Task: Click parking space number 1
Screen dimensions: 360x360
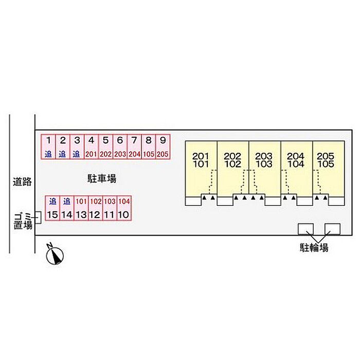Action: point(48,147)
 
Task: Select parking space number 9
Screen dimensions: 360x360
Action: point(163,147)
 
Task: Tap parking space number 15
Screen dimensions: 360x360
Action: point(52,208)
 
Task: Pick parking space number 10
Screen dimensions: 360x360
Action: point(124,208)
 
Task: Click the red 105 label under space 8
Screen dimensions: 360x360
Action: point(149,154)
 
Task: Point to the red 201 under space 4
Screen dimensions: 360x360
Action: point(91,154)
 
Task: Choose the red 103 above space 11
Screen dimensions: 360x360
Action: point(110,202)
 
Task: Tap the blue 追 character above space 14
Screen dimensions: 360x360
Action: point(67,202)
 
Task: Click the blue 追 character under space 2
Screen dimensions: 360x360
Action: point(62,154)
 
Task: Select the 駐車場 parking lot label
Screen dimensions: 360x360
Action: point(102,178)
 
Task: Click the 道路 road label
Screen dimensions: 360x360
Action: point(22,182)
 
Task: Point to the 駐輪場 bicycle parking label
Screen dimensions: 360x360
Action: point(314,248)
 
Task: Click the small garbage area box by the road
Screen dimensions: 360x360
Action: point(38,218)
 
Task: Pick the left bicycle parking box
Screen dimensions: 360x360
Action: point(306,229)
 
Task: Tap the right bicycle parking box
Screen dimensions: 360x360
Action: point(332,229)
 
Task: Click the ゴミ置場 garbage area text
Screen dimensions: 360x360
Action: point(23,221)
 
